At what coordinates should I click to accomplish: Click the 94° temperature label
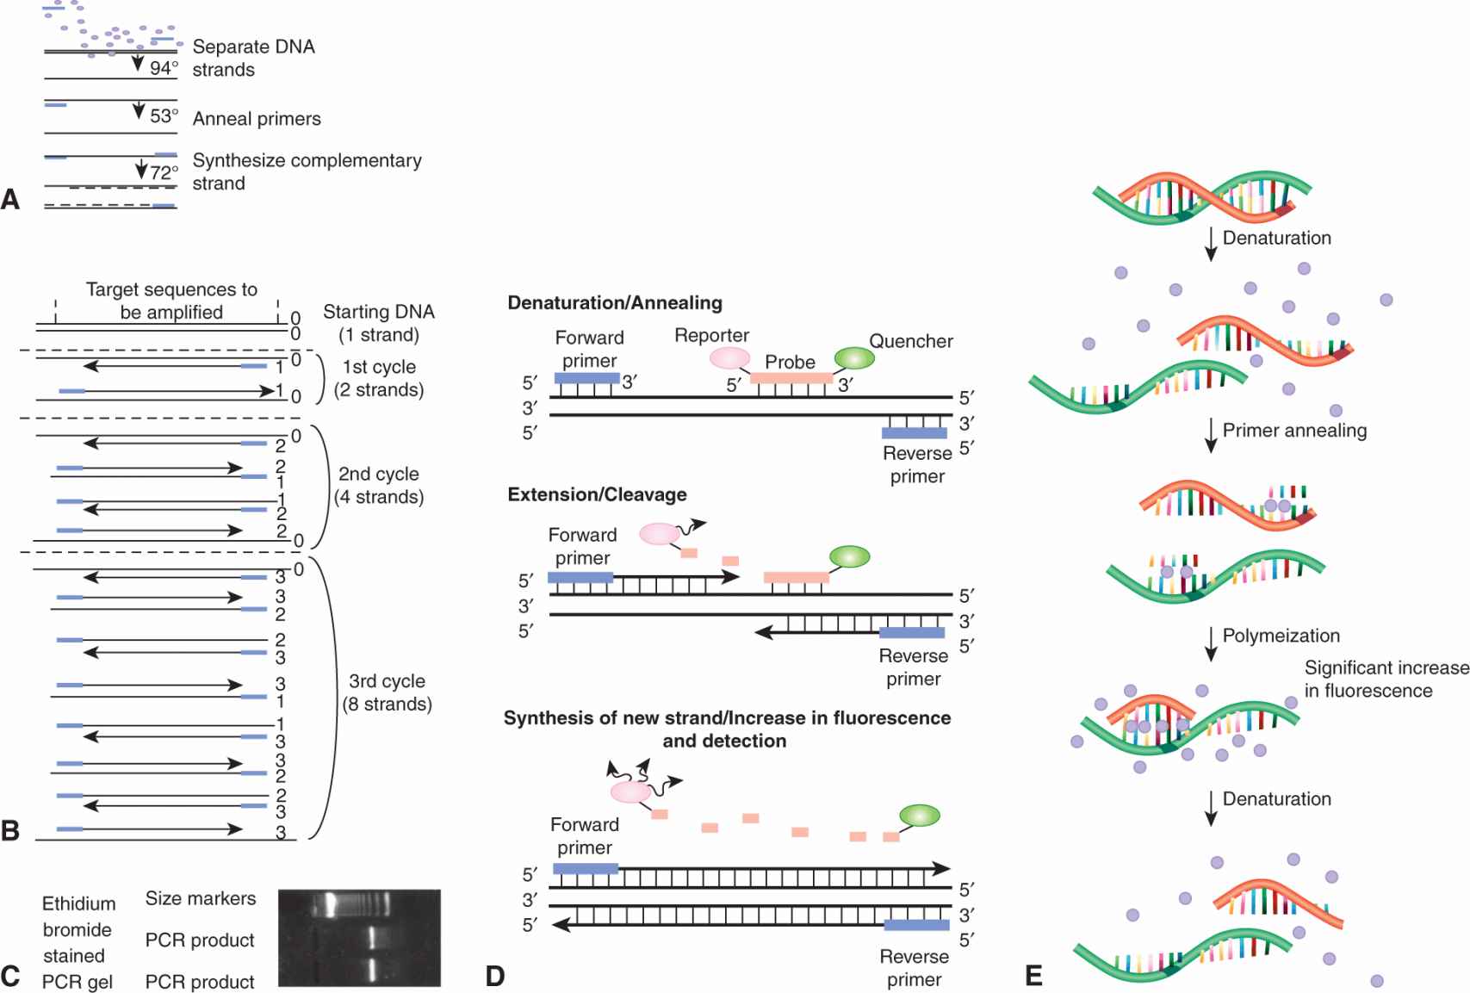tap(164, 68)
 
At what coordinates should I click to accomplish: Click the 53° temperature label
tap(164, 115)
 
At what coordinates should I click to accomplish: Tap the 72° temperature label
tap(164, 172)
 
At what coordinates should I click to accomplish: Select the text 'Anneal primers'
tap(257, 119)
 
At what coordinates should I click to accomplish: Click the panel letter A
tap(10, 200)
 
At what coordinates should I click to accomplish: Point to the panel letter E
tap(1033, 976)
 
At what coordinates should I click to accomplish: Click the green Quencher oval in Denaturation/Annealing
tap(854, 358)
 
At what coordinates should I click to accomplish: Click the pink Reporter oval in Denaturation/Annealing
tap(729, 357)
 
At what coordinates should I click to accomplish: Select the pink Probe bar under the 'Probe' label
tap(791, 378)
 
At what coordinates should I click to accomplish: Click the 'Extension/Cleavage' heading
tap(597, 494)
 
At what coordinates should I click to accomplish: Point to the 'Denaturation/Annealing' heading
tap(615, 303)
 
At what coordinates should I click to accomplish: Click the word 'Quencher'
tap(910, 341)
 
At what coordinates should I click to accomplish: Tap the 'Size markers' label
tap(201, 898)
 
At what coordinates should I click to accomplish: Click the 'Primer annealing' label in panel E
tap(1294, 431)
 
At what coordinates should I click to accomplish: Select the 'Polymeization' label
tap(1281, 636)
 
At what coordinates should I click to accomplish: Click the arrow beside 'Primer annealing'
tap(1211, 435)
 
